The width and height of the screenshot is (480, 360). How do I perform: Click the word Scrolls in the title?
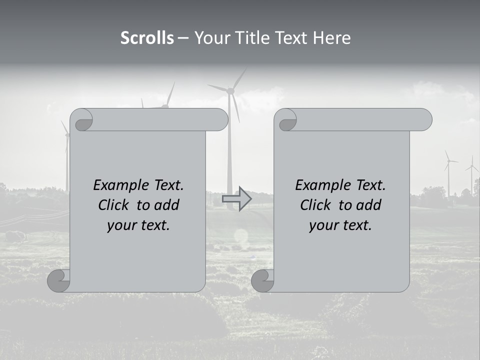point(147,38)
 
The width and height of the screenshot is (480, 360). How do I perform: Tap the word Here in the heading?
point(331,38)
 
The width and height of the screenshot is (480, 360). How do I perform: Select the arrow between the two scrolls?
point(236,198)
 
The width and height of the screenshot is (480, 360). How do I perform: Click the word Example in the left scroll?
point(116,185)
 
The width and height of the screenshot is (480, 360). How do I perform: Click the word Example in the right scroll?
point(318,185)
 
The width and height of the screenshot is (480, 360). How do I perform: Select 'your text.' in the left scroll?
point(138,225)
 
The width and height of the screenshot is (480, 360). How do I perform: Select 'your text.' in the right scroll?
point(340,225)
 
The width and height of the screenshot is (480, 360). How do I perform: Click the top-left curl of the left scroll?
point(82,120)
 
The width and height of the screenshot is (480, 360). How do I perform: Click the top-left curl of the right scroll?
point(286,120)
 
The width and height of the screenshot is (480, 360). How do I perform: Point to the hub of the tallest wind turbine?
point(230,90)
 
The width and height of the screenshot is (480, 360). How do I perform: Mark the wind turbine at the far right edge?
point(471,172)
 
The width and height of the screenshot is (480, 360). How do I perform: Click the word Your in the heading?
point(210,38)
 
